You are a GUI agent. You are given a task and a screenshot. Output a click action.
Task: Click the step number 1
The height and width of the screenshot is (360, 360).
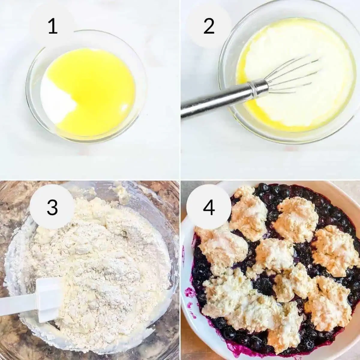(x=52, y=26)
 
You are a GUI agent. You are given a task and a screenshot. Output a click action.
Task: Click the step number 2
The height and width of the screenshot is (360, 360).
(x=209, y=26)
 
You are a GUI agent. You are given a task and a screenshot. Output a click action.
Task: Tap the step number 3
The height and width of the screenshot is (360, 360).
(x=52, y=207)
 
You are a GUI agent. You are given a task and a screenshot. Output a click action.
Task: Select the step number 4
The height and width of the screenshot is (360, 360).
(x=209, y=207)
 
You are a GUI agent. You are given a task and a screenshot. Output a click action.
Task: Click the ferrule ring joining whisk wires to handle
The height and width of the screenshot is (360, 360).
(x=258, y=87)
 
